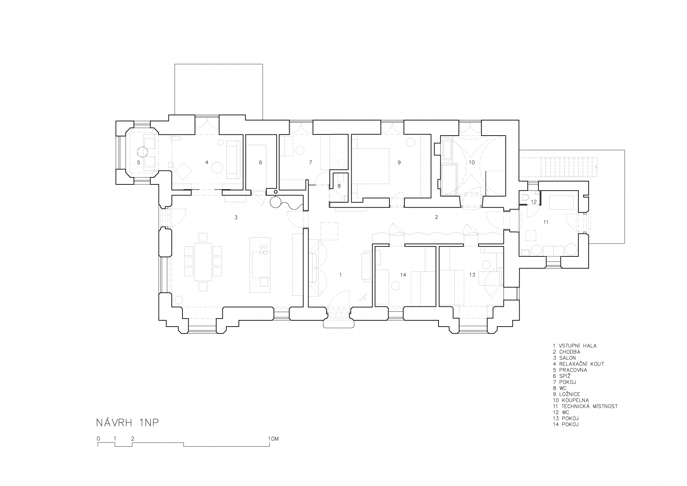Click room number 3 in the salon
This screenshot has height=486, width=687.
coord(236,217)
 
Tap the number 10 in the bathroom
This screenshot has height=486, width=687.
coord(472,162)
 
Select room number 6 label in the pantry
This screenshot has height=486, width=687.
coord(261,162)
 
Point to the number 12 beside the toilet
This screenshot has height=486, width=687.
coord(534,202)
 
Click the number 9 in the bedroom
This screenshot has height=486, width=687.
coord(399,162)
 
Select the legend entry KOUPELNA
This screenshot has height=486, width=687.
coord(575,400)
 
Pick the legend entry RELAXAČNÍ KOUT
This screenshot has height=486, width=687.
coord(582,364)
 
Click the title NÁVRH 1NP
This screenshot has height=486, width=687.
coord(127,423)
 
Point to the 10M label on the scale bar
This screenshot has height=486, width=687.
coord(274,439)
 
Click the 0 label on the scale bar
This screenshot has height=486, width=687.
coord(98,439)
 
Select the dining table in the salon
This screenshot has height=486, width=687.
coord(203,261)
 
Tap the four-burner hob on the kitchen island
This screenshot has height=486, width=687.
coord(263,250)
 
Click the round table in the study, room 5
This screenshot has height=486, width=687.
coord(142,151)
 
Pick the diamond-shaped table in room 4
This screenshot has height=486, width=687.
coord(183,171)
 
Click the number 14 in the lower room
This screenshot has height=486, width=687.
coord(403,275)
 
